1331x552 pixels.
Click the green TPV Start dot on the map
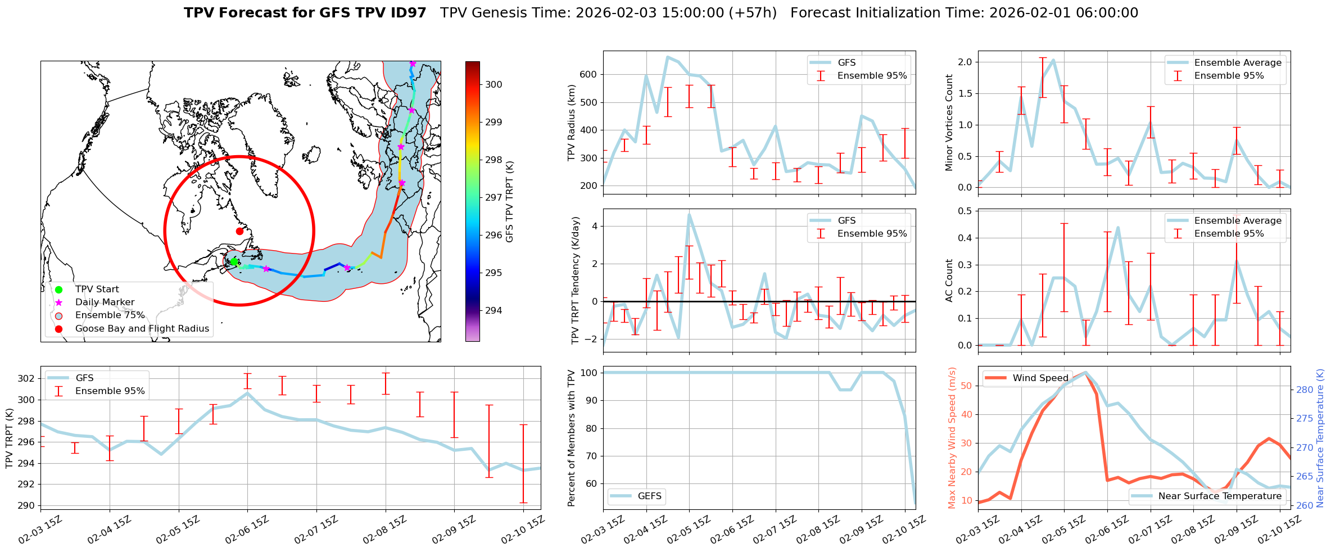point(234,262)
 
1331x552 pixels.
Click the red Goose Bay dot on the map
point(239,231)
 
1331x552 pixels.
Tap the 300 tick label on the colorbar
point(494,85)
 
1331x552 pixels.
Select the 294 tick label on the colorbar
point(494,310)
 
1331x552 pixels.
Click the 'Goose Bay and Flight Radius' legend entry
point(142,328)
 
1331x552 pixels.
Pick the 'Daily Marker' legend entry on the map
point(105,302)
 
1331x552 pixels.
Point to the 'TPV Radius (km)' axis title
point(572,123)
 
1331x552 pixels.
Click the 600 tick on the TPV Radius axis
point(588,74)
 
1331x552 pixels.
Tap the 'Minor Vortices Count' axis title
point(949,123)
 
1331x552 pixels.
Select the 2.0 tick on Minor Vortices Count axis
point(965,62)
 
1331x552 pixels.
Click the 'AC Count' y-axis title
point(949,280)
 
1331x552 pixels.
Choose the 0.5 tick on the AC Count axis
point(965,211)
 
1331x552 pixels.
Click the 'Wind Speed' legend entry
point(1040,378)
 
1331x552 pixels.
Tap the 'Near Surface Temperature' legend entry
point(1220,496)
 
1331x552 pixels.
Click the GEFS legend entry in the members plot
point(650,496)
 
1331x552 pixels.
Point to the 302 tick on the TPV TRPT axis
point(26,378)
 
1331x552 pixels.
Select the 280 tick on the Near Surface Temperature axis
point(1305,390)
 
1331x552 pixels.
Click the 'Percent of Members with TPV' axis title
point(572,438)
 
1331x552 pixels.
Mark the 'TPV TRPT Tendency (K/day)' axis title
point(575,280)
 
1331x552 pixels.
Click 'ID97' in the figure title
point(402,13)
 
